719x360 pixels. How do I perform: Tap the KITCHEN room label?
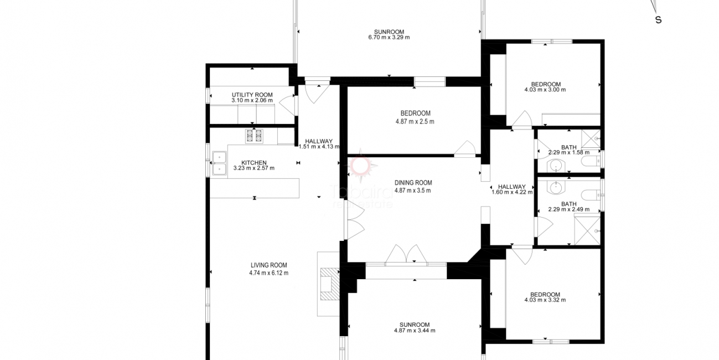point(254,162)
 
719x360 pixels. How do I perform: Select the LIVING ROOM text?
point(268,265)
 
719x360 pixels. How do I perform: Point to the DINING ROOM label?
point(413,183)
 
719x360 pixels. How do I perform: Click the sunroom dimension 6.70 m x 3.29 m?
point(389,38)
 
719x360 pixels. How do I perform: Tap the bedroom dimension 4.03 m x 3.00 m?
point(545,90)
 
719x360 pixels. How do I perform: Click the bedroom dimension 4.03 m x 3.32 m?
point(545,300)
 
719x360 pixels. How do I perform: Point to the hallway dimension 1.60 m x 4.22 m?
point(512,193)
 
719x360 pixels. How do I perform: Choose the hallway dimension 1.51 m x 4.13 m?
point(318,147)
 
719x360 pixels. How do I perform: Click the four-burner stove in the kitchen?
point(254,136)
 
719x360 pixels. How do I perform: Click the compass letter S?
point(658,20)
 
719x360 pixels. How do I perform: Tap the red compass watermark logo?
point(362,164)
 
